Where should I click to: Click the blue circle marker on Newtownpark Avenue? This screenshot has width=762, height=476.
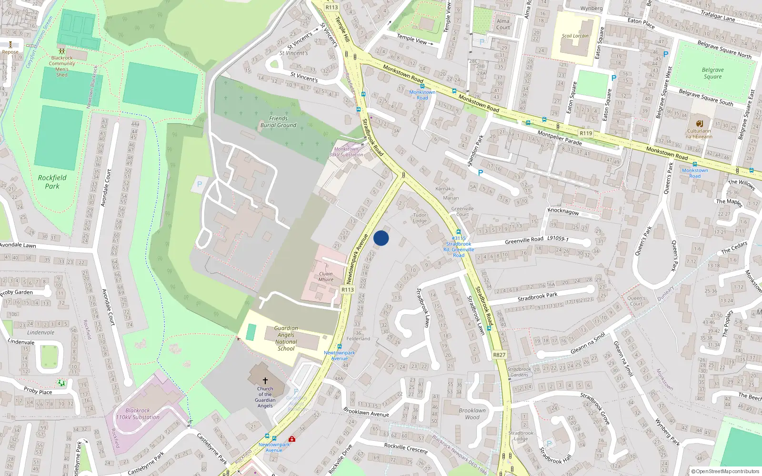[381, 238]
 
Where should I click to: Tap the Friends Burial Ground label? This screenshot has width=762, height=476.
[278, 122]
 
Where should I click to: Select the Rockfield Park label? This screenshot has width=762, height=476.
[52, 182]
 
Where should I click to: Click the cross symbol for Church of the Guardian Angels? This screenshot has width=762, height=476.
[265, 381]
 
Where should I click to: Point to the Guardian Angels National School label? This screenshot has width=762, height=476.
[286, 338]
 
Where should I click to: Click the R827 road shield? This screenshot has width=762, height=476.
[499, 355]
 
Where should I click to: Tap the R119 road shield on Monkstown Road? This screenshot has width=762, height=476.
[586, 133]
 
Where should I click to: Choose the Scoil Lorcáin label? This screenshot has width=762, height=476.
[575, 36]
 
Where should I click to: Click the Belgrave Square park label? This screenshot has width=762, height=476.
[712, 73]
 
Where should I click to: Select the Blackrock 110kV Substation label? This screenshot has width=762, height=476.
[138, 414]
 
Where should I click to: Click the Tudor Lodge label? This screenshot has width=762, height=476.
[420, 218]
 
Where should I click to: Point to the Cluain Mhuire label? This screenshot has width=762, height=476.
[326, 277]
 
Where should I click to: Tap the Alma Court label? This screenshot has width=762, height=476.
[503, 24]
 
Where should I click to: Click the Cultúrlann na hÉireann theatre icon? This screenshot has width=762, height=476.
[699, 123]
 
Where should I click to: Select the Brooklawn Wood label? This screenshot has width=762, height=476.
[472, 414]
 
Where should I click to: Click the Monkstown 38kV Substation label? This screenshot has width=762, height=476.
[346, 152]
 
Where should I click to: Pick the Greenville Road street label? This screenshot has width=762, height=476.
[524, 240]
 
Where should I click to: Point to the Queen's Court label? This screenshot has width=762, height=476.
[636, 301]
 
